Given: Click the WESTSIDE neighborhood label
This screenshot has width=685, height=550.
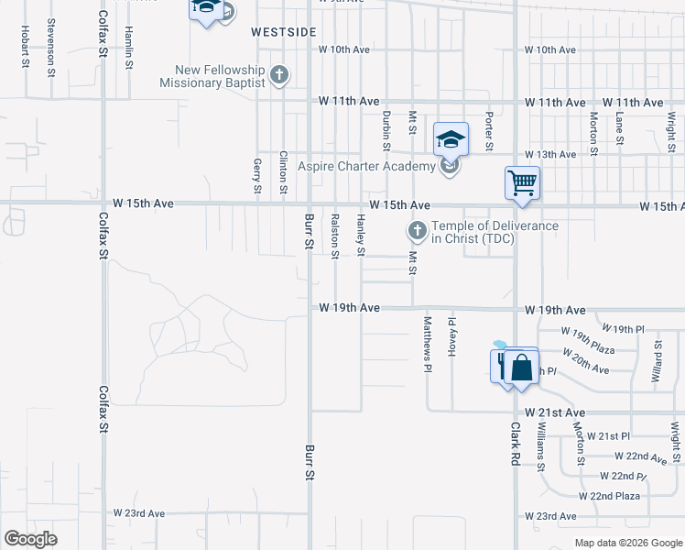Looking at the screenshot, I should [284, 32].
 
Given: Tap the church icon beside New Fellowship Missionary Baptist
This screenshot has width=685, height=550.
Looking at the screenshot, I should [279, 75].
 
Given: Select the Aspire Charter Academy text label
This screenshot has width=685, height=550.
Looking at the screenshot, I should [366, 167].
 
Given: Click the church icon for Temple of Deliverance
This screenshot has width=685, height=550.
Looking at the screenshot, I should [417, 229].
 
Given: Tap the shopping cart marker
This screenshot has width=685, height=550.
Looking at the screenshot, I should [522, 181].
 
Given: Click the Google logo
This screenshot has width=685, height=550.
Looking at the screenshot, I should [30, 539].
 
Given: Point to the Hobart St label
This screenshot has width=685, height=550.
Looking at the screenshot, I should [25, 44].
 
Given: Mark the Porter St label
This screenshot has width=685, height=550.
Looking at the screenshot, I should [490, 131].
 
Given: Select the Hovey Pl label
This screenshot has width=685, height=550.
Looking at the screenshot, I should [451, 335].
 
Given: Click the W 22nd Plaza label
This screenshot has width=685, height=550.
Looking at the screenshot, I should [609, 496].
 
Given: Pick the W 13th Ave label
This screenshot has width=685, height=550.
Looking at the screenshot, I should [549, 154].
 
